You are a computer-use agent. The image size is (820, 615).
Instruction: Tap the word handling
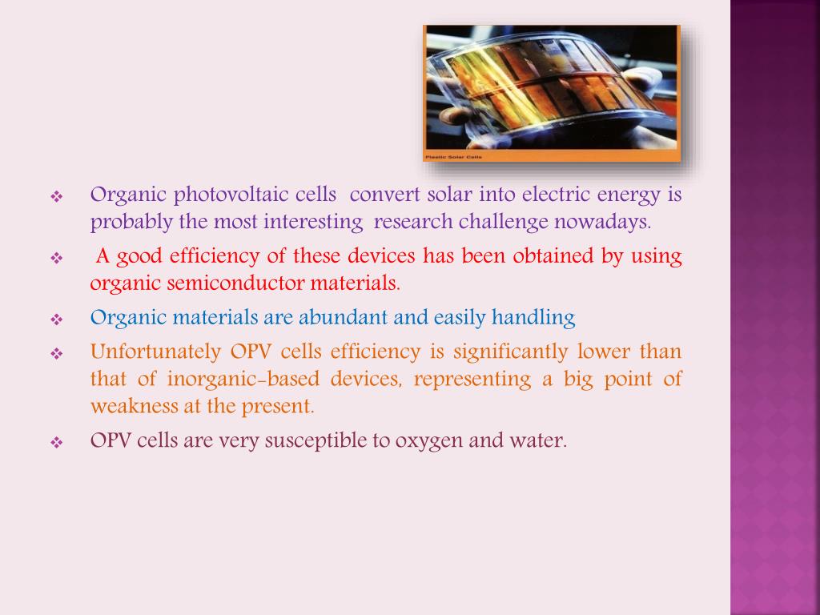[533, 318]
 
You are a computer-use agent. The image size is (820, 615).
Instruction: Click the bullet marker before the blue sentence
[57, 319]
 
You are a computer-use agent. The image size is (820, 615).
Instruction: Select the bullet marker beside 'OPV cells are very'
[57, 442]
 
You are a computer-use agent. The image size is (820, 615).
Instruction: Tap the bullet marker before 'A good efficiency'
[57, 258]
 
